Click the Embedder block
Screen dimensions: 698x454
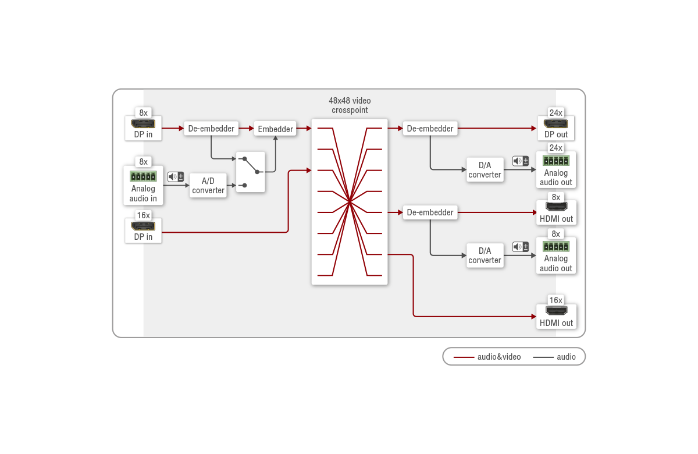point(275,129)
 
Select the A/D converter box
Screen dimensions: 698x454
point(208,186)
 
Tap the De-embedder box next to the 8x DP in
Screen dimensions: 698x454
point(211,128)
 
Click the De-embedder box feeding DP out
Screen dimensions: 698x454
point(430,128)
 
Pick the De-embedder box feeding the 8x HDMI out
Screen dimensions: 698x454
point(430,212)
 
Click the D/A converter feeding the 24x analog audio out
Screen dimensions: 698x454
point(485,169)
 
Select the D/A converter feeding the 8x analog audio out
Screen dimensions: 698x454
point(485,256)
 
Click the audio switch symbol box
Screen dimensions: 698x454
point(251,172)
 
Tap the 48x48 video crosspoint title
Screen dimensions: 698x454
point(350,105)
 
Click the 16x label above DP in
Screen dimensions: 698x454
point(143,215)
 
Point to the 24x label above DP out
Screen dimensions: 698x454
point(555,112)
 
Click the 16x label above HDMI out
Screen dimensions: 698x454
point(555,300)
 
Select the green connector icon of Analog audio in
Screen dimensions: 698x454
point(143,176)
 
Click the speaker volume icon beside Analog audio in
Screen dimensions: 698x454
point(176,177)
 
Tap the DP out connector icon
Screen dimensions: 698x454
point(555,124)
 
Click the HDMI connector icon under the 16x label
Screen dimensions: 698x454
point(556,311)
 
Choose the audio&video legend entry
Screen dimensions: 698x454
point(487,357)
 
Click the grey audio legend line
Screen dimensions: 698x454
point(543,357)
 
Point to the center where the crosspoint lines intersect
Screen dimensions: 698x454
point(350,202)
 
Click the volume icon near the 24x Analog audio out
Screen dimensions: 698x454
point(521,161)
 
